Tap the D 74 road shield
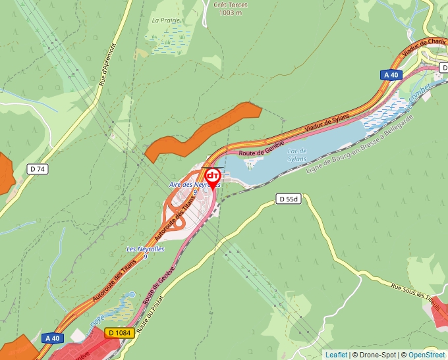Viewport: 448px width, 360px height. (x=38, y=169)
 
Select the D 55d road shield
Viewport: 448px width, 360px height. (x=289, y=199)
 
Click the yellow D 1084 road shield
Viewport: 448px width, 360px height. (x=119, y=333)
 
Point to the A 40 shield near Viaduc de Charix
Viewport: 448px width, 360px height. (x=391, y=75)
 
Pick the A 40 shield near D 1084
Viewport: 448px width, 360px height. (x=52, y=338)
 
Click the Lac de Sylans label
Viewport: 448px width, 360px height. (x=298, y=155)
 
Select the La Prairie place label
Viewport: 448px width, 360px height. (x=165, y=20)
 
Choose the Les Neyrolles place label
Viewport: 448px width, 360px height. (x=145, y=250)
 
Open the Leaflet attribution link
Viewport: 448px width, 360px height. (x=336, y=355)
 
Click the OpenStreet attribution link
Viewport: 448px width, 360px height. (x=426, y=355)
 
